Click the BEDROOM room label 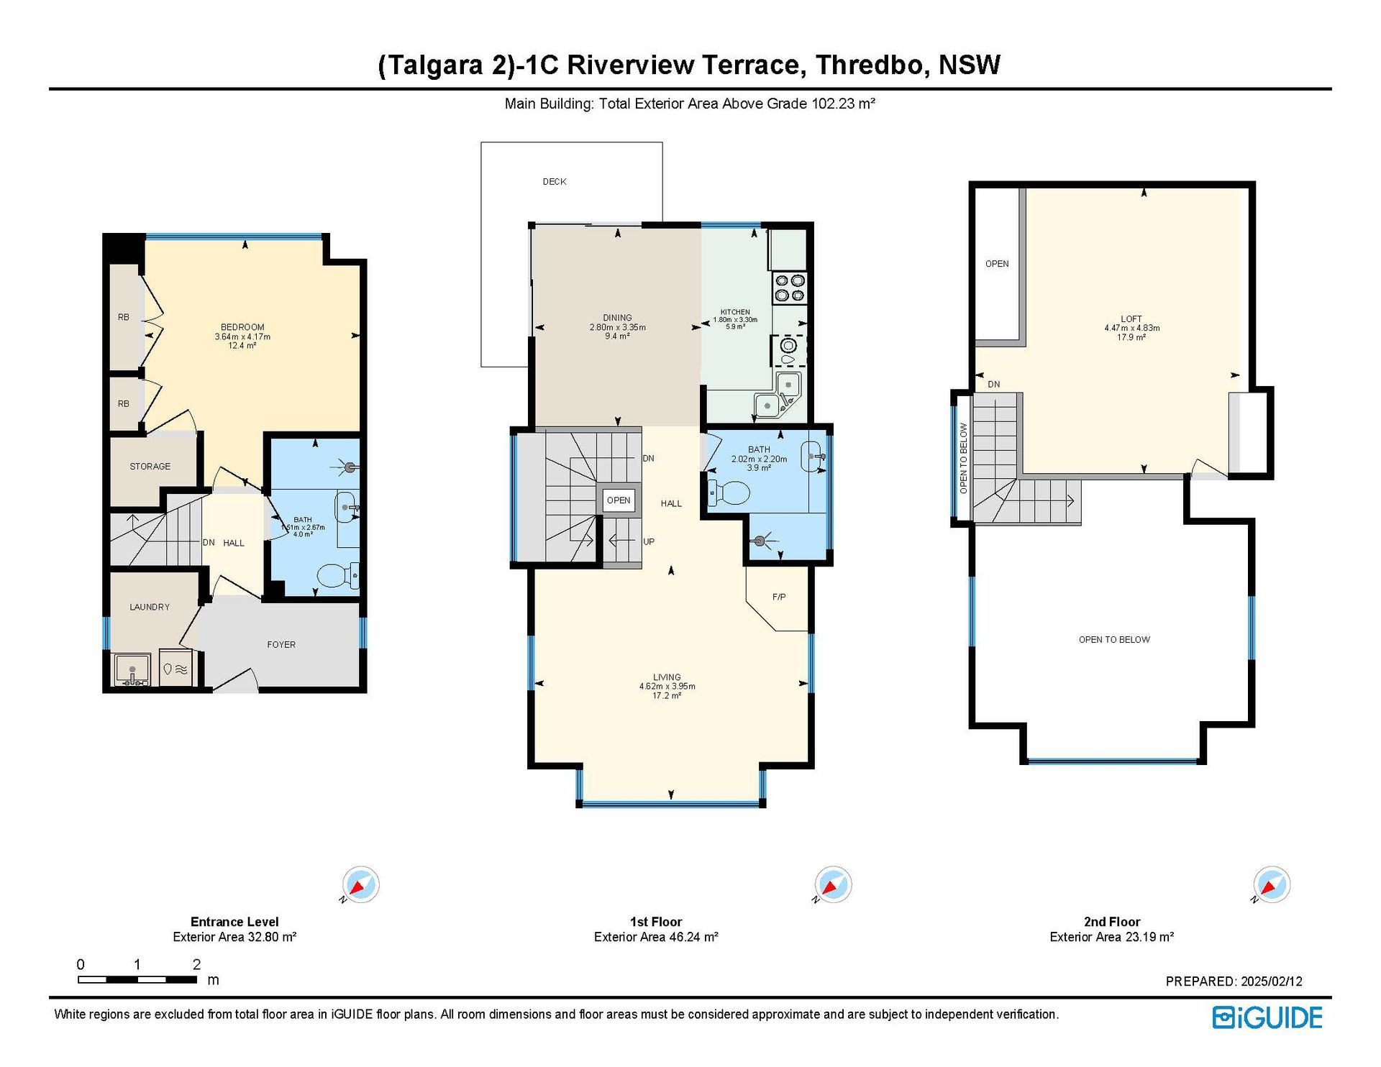click(242, 327)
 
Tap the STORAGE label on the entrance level click(150, 467)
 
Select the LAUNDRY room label click(150, 607)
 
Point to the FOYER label click(281, 645)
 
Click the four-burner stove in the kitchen click(789, 288)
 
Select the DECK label click(555, 182)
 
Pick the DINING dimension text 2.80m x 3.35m click(618, 327)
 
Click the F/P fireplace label click(779, 597)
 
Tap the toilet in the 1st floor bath click(729, 493)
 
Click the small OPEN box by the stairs click(619, 500)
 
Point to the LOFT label click(1131, 319)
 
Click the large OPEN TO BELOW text click(1114, 640)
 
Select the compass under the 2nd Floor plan click(1272, 884)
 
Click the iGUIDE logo click(1267, 1017)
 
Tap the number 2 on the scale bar click(196, 964)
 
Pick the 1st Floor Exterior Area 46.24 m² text click(656, 937)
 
